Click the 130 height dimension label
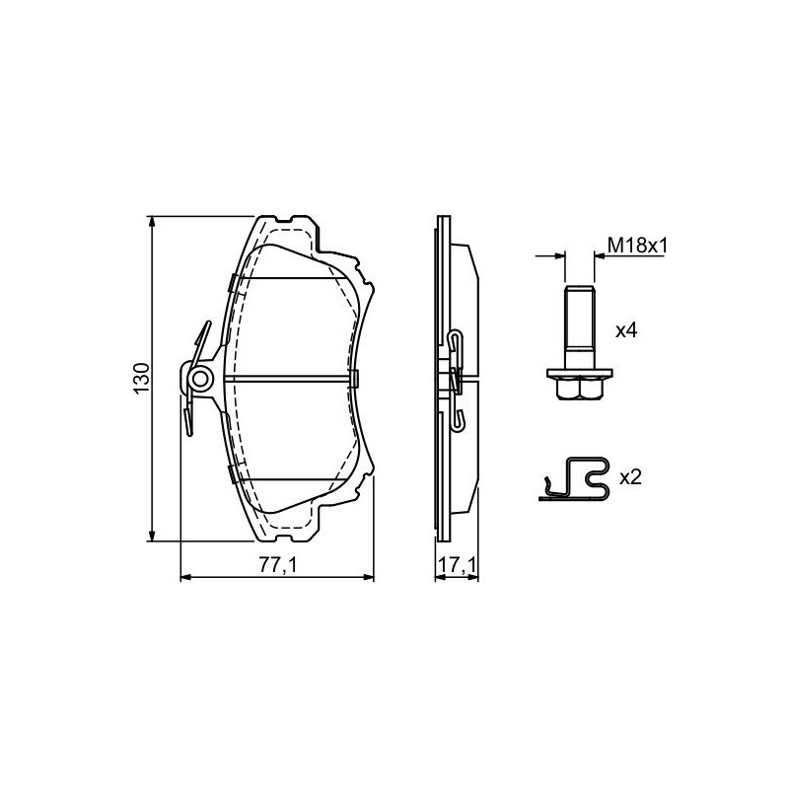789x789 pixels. point(142,379)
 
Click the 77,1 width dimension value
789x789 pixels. point(278,565)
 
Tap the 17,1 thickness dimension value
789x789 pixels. point(457,565)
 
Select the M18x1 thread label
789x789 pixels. point(637,246)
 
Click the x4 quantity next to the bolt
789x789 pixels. point(626,330)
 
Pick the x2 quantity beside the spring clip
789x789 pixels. point(630,477)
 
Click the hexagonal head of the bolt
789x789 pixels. point(580,389)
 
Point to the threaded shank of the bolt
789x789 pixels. point(580,327)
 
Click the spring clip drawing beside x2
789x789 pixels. point(574,479)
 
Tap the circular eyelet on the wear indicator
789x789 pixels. point(200,379)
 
